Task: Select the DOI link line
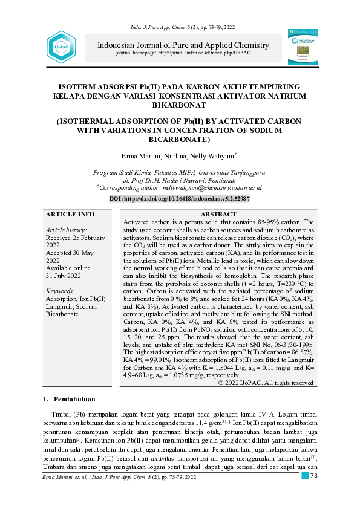click(179, 198)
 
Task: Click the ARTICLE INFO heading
click(70, 214)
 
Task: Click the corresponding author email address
click(209, 188)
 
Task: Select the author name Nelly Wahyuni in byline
click(213, 156)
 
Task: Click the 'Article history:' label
click(66, 230)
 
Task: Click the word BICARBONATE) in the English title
click(179, 140)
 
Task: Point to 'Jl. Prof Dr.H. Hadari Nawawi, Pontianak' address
click(179, 180)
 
